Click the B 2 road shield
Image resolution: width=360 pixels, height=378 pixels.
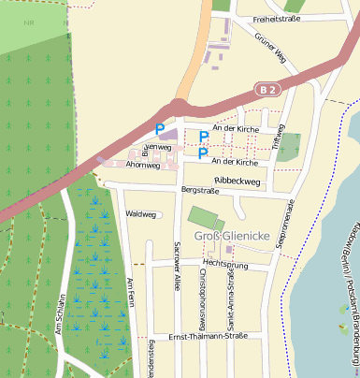pyautogui.click(x=268, y=89)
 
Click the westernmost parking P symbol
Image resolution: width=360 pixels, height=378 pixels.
pyautogui.click(x=159, y=129)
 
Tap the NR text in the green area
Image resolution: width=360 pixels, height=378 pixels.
pyautogui.click(x=31, y=20)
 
